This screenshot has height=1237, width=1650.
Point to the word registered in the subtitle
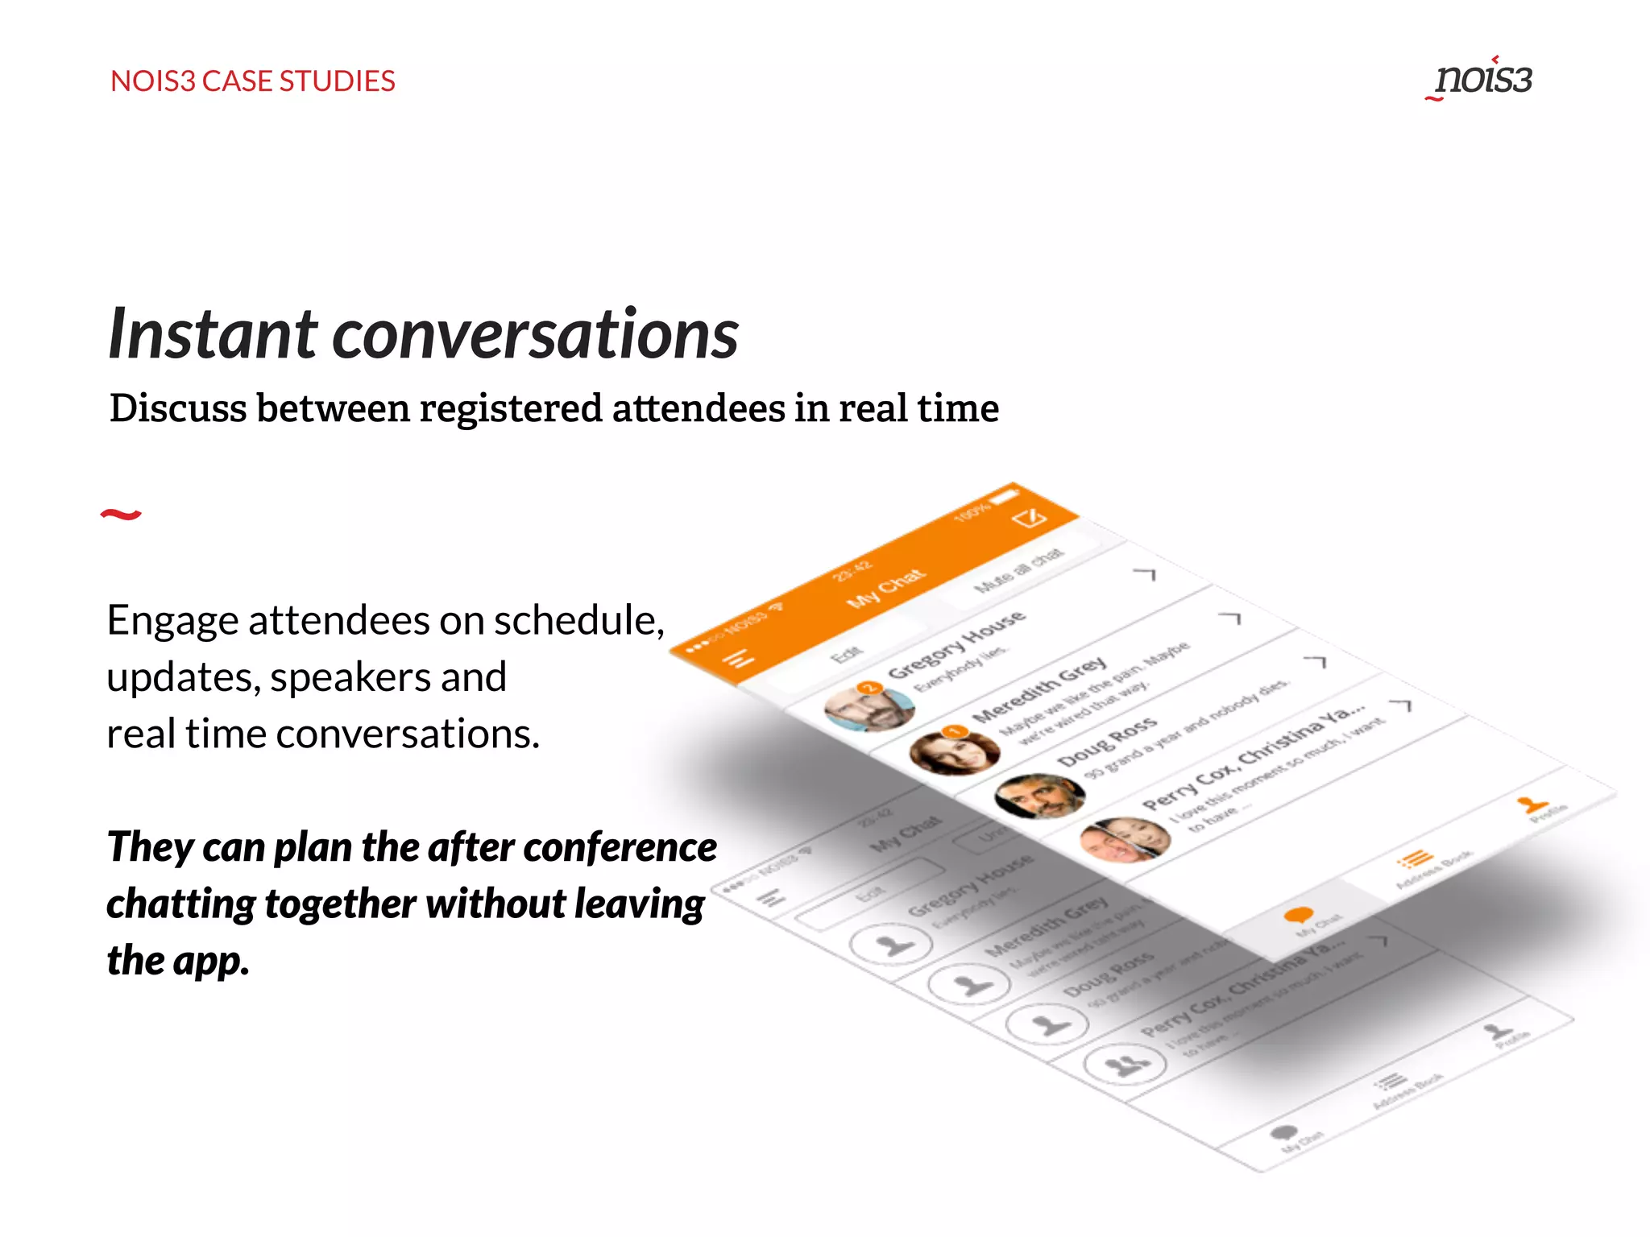click(x=511, y=408)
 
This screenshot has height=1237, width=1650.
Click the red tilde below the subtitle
click(x=121, y=514)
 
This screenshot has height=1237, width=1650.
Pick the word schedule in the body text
click(x=578, y=621)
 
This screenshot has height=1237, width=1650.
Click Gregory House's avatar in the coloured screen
click(x=869, y=708)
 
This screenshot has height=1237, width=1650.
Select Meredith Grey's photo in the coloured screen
click(x=955, y=751)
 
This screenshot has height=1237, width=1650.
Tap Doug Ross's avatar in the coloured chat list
click(x=1040, y=796)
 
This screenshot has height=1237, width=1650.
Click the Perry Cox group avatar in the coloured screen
click(x=1125, y=840)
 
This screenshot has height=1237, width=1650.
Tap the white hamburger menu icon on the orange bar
click(x=739, y=659)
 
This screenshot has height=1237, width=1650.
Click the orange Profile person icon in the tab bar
click(x=1530, y=804)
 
